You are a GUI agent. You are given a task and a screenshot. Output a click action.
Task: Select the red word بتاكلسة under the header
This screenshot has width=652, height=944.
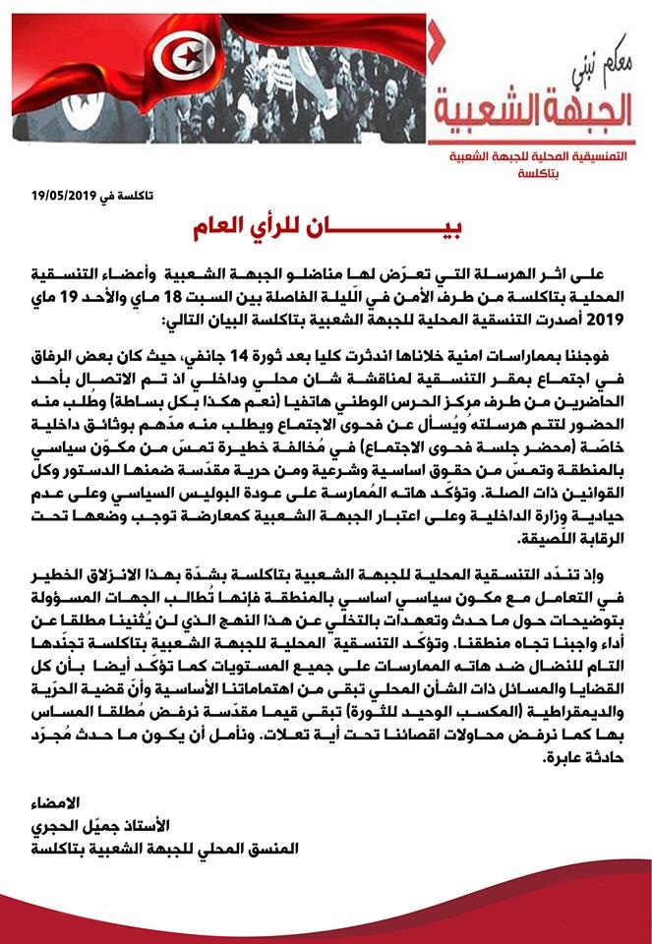click(x=537, y=173)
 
